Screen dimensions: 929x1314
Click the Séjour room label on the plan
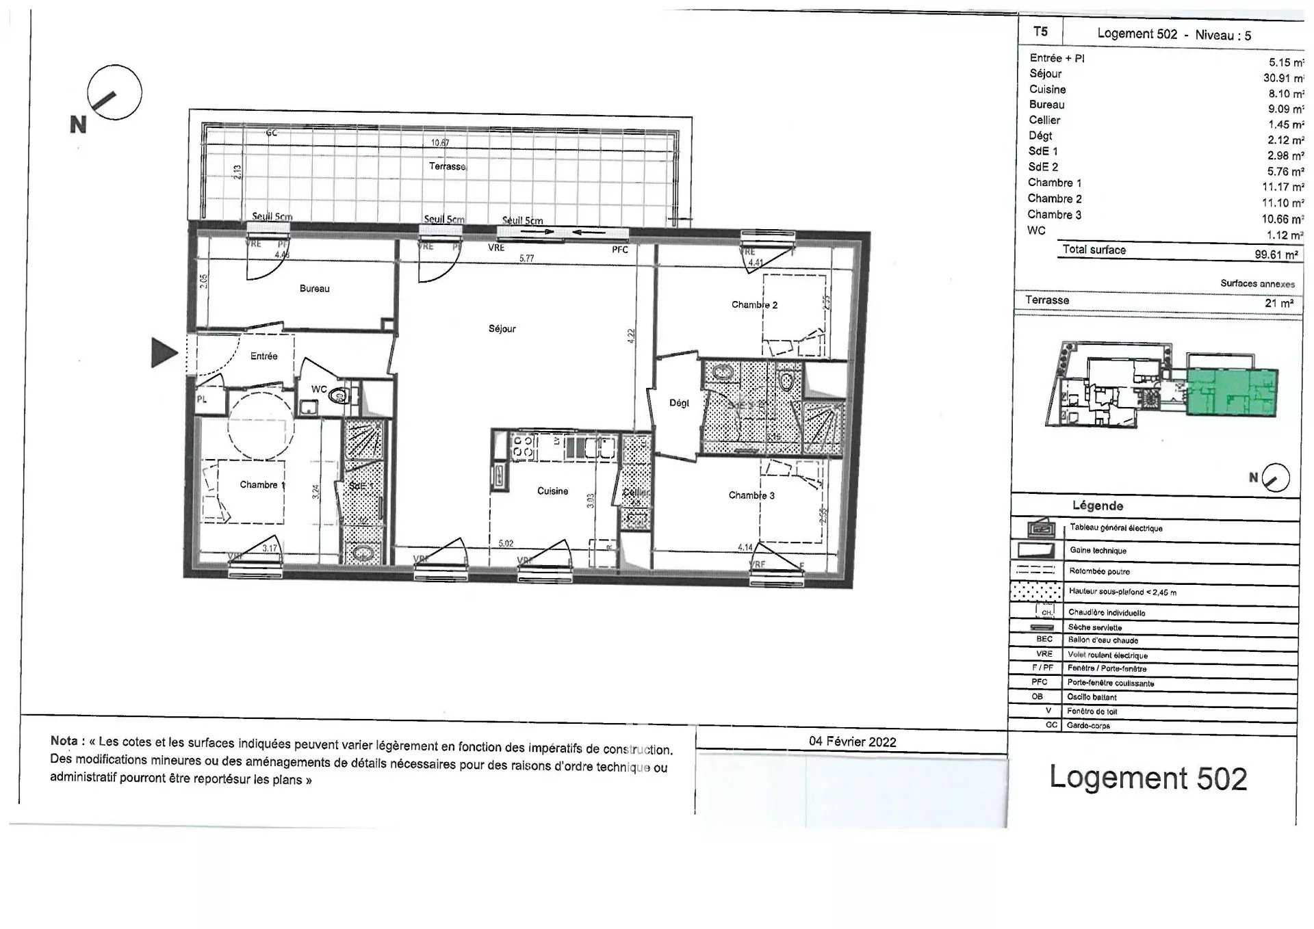click(502, 329)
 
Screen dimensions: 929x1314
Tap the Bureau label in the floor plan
click(314, 289)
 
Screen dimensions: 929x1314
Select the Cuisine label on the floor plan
click(552, 491)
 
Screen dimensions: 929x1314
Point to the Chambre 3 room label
click(751, 495)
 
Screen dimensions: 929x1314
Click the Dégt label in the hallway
click(679, 403)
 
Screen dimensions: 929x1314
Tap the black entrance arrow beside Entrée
click(164, 353)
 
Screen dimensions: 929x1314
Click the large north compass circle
click(114, 92)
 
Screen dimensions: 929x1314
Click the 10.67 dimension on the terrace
click(440, 143)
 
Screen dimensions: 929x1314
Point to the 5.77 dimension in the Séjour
click(526, 259)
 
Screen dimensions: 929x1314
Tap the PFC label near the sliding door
click(619, 250)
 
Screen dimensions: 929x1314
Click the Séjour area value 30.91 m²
click(1282, 79)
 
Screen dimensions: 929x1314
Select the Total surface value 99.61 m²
click(1276, 254)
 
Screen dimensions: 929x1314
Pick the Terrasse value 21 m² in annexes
click(1278, 303)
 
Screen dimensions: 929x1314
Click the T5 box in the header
click(1040, 31)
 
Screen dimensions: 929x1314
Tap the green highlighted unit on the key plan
click(1232, 392)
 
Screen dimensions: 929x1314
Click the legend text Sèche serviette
click(1094, 627)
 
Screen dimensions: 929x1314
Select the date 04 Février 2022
click(852, 742)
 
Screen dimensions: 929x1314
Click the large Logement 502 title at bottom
click(1148, 778)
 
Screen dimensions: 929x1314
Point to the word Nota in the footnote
click(64, 741)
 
